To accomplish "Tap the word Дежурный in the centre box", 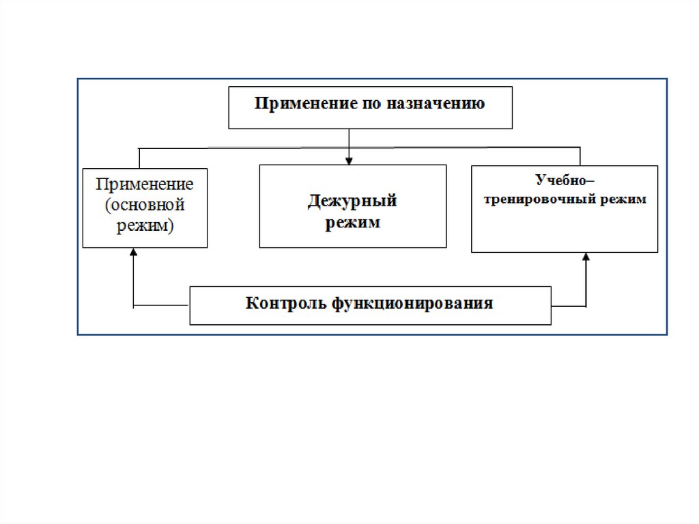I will click(352, 201).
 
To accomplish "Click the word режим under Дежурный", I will click(352, 222).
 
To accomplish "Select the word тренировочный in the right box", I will click(539, 200).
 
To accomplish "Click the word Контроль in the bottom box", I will click(287, 303).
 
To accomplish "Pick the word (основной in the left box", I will click(145, 204).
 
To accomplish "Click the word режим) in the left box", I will click(145, 225).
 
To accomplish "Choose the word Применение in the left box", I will click(145, 184).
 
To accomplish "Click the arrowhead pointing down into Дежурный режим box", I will click(349, 161).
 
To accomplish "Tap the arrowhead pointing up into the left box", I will click(134, 252).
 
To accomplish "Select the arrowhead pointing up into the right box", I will click(586, 257).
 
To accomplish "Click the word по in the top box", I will click(373, 104).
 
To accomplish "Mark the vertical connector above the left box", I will click(139, 158).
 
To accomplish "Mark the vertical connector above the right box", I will click(580, 156).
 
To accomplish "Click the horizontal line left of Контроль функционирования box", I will click(161, 305).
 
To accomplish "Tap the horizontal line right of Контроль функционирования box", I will click(569, 305).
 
